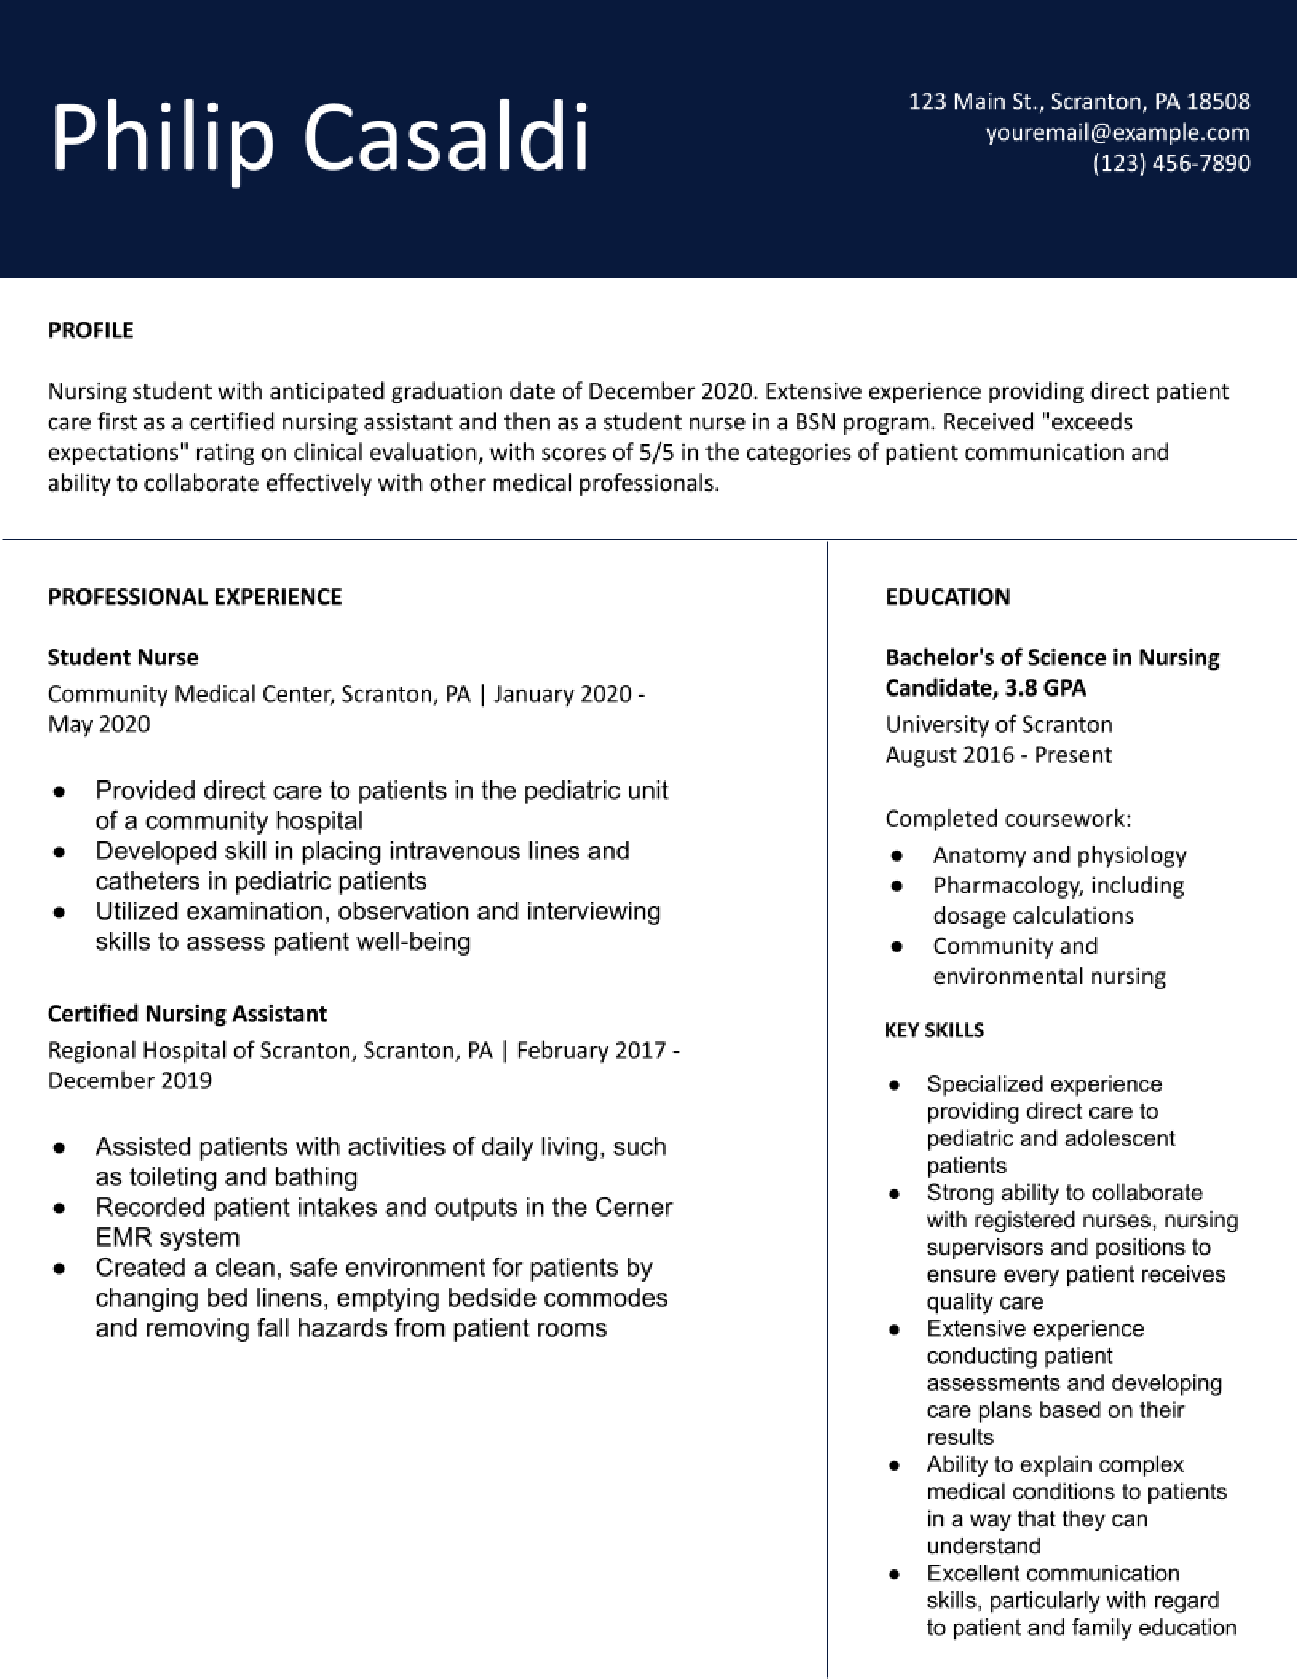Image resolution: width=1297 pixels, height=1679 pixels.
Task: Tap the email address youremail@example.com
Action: [x=1117, y=133]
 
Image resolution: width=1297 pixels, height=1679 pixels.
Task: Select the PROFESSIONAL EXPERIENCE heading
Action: [x=194, y=597]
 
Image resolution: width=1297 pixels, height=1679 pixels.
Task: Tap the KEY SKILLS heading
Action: [x=933, y=1029]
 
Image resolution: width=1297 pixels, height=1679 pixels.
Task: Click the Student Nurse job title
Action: [x=123, y=657]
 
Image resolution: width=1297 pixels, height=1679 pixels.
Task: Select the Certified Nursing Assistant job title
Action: [x=187, y=1013]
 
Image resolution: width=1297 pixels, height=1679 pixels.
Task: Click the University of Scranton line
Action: [x=998, y=724]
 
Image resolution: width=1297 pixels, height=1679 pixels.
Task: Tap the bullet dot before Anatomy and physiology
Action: [x=896, y=856]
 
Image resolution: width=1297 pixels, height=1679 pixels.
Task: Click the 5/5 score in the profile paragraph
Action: [x=656, y=452]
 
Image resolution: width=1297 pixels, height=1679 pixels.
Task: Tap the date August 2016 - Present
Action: [x=997, y=755]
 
